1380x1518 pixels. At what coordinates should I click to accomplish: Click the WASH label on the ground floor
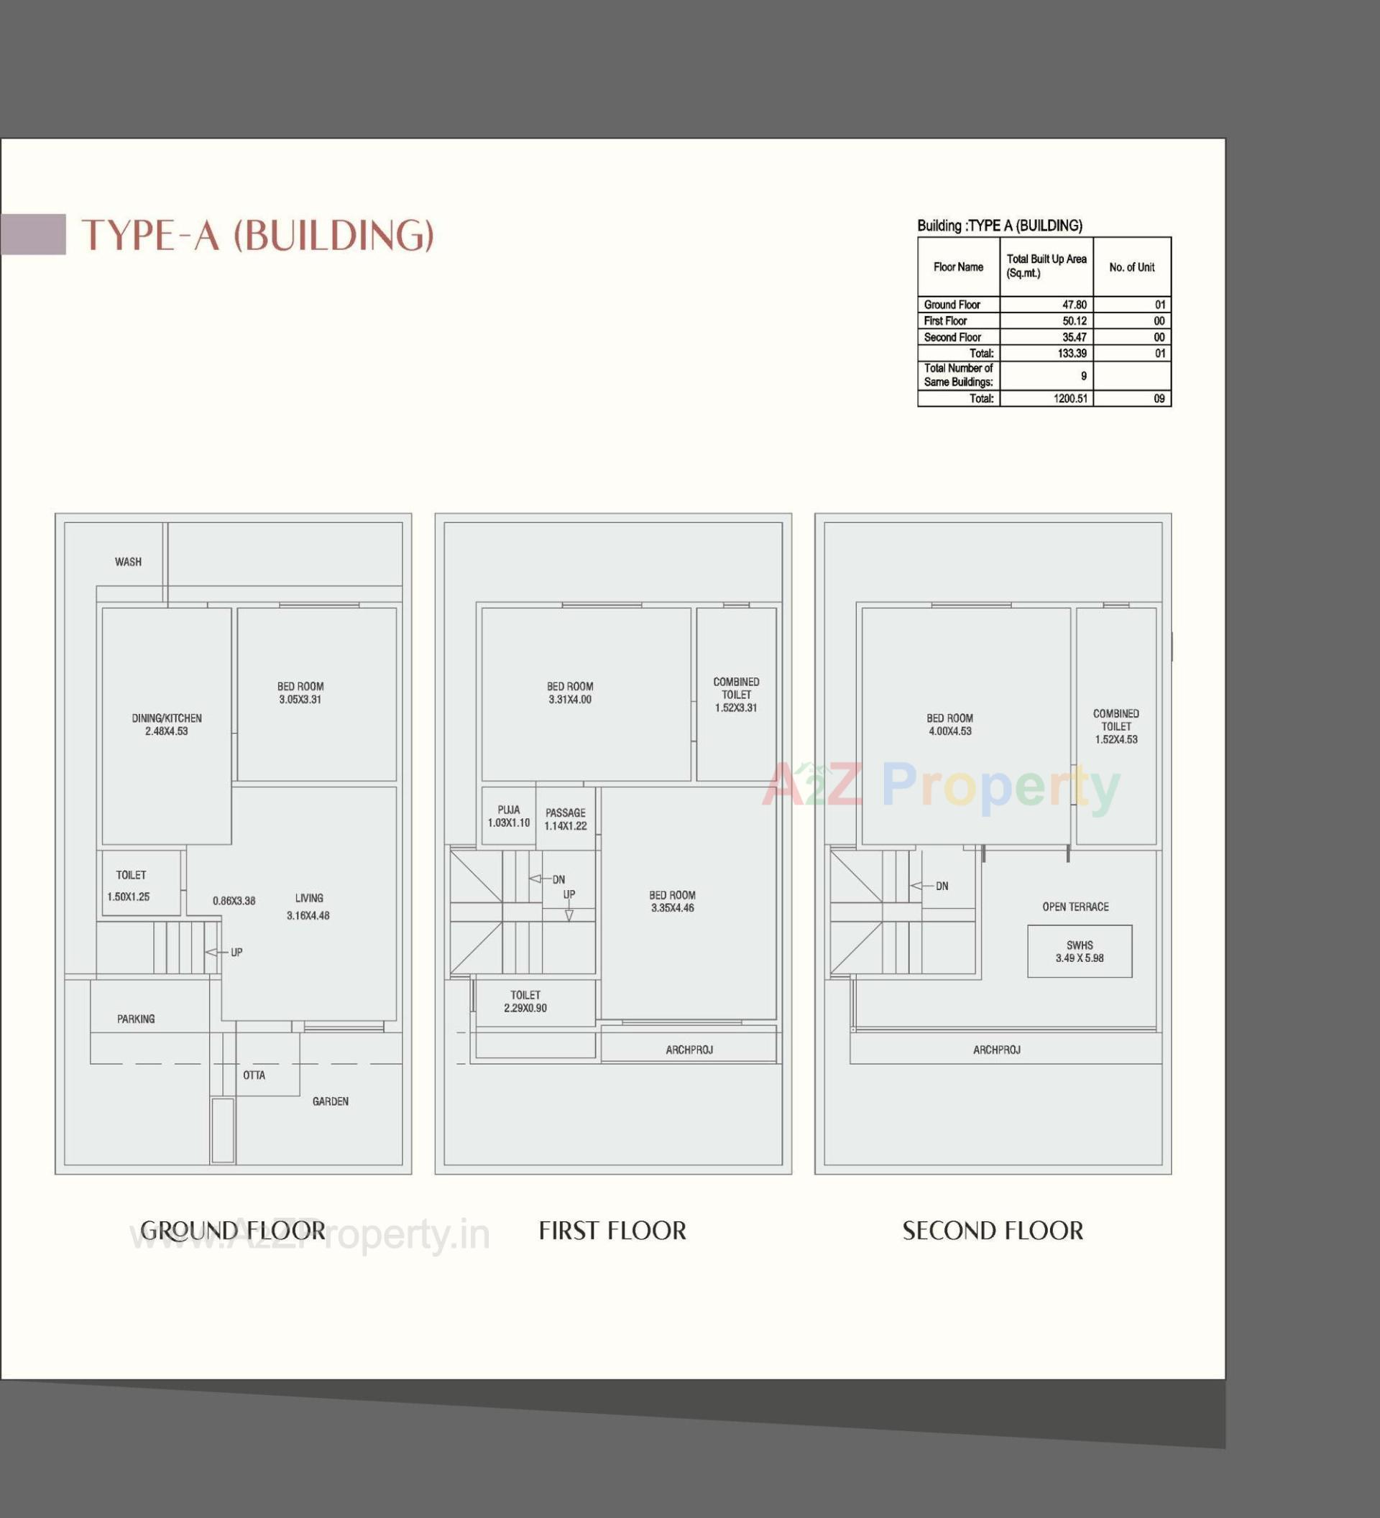(128, 562)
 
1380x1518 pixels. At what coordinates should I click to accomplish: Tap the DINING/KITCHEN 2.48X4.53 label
(167, 724)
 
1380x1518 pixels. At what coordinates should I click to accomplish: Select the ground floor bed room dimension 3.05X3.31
(300, 700)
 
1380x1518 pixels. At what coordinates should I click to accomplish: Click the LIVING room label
(309, 898)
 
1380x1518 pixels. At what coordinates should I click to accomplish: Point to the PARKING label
(136, 1019)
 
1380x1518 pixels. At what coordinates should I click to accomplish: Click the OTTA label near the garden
(254, 1075)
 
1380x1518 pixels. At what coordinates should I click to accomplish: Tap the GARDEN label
(330, 1101)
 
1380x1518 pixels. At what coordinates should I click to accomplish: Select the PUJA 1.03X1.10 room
(508, 816)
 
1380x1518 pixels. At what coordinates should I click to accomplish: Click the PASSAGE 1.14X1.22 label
(565, 819)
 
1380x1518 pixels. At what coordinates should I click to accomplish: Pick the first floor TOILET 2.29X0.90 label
(525, 1001)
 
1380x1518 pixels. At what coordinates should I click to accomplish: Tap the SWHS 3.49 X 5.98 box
(1079, 952)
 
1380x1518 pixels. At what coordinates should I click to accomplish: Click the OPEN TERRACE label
(1075, 907)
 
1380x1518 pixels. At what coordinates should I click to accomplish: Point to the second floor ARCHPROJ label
(996, 1050)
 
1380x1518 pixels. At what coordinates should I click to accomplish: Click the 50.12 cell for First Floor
(1073, 320)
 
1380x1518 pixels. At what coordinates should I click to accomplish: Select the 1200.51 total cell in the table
(1070, 398)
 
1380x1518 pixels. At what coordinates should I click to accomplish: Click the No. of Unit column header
(1131, 267)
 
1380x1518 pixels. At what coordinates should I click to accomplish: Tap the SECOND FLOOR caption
(992, 1231)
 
